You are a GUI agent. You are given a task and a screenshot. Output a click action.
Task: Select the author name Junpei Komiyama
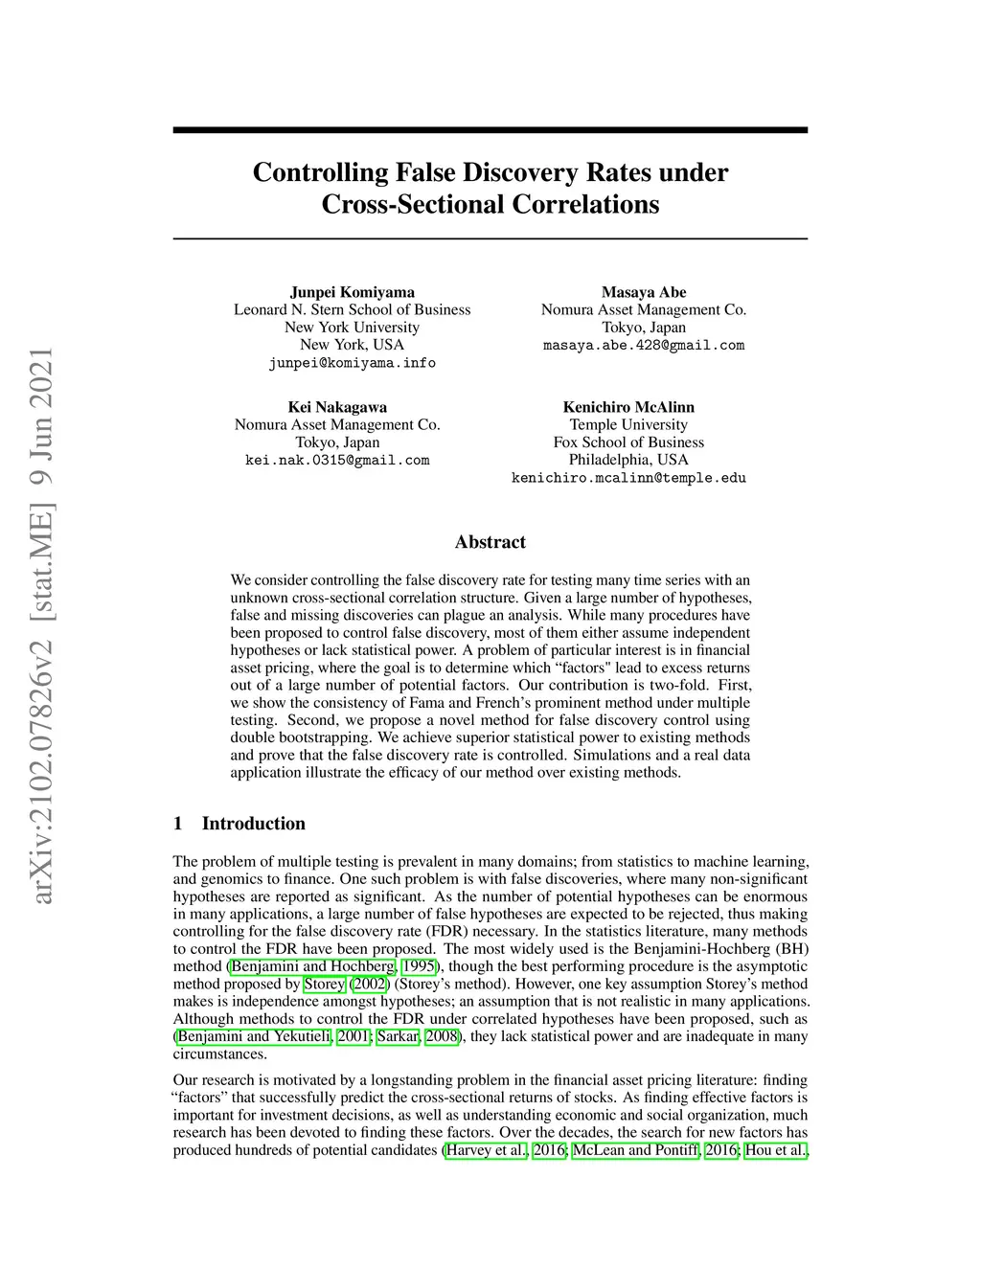353,292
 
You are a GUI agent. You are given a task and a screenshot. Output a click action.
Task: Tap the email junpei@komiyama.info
353,363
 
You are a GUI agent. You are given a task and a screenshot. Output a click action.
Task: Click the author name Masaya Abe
644,292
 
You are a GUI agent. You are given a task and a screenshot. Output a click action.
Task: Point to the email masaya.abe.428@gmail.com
644,345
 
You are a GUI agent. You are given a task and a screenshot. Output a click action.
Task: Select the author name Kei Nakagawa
337,407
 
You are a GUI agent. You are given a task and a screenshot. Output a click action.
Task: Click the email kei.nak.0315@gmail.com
337,461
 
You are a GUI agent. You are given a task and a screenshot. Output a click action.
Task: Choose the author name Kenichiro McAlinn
628,407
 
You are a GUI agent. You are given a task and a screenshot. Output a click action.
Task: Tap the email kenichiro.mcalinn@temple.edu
628,478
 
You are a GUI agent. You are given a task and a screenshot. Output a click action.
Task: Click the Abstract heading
490,542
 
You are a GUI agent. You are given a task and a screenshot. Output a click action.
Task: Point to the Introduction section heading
253,824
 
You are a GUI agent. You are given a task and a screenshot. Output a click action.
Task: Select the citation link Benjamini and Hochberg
312,966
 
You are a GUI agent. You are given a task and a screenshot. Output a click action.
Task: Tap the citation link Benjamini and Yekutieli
255,1036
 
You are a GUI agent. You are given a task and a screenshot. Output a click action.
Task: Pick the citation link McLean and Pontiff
635,1150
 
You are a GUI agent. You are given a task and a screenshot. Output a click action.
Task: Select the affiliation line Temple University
628,424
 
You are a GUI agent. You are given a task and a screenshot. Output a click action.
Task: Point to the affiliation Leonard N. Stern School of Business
353,309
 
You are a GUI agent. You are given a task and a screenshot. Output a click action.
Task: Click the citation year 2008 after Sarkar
443,1036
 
